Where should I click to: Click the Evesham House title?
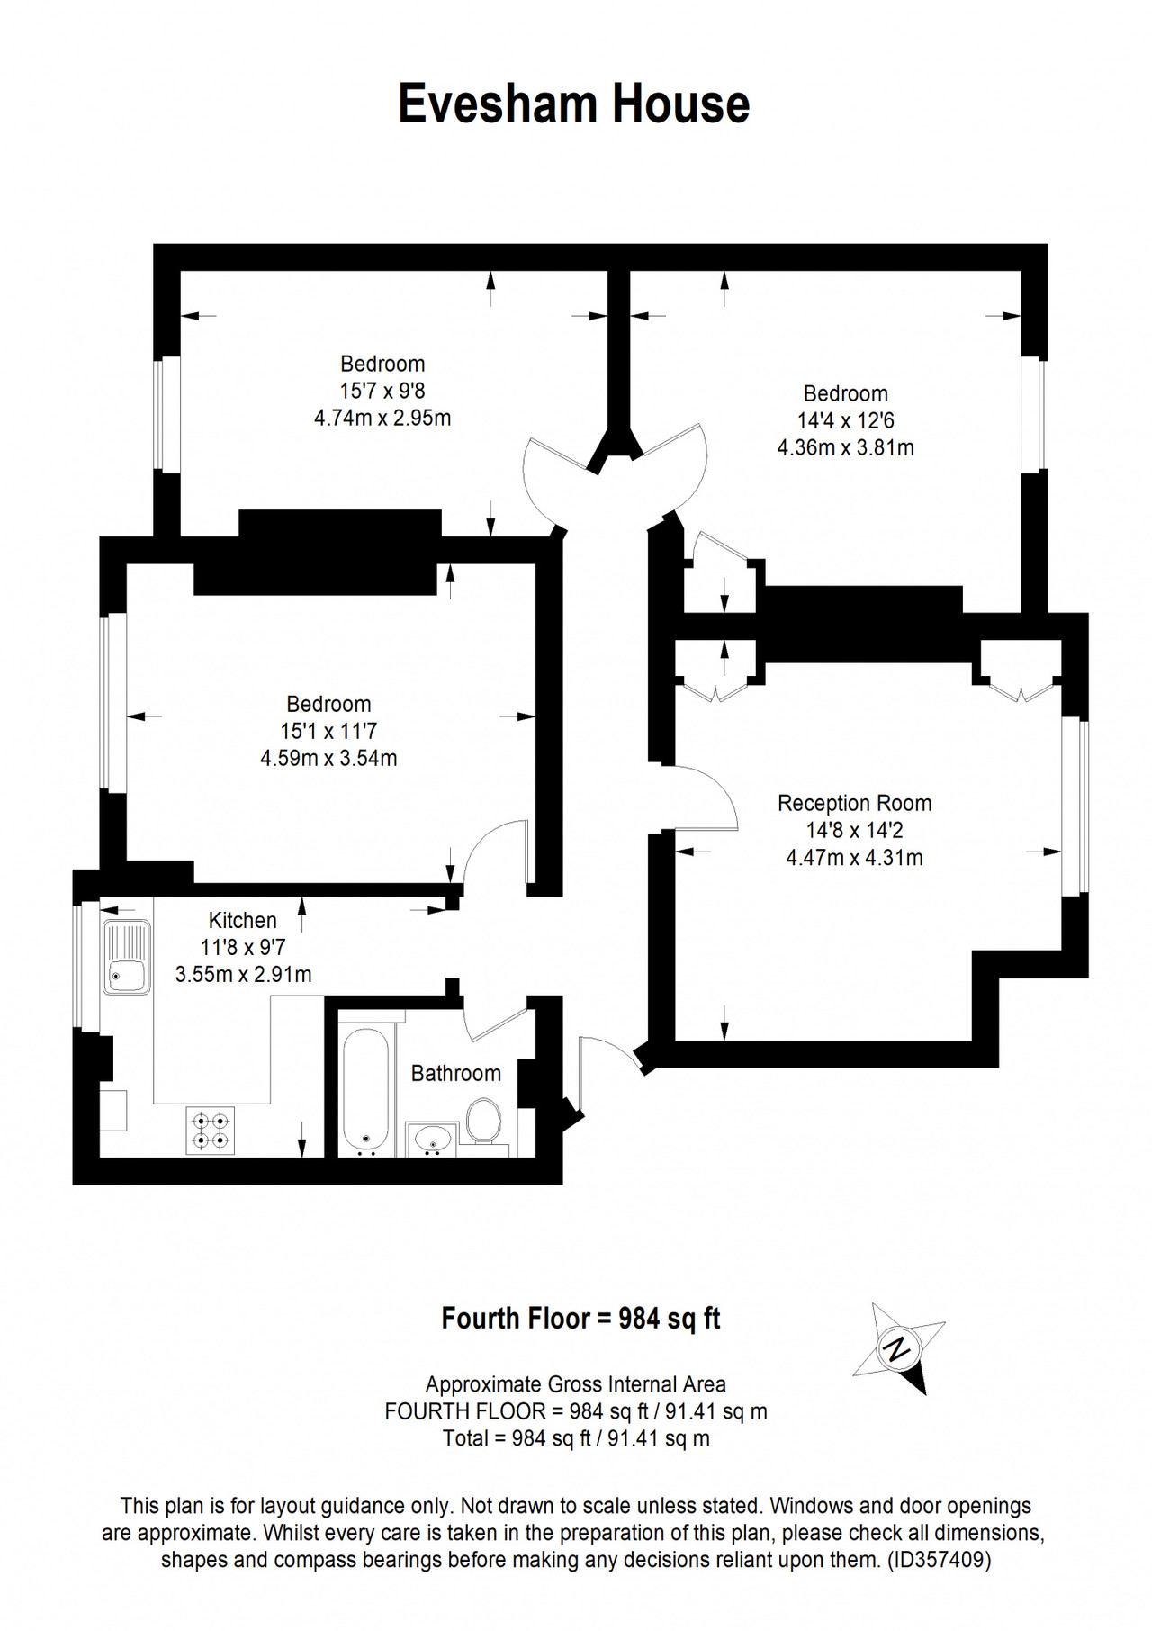(574, 104)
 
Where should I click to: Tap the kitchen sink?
(126, 957)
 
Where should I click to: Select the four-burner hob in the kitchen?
(211, 1131)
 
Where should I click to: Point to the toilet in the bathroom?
(484, 1121)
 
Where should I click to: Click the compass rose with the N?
(898, 1347)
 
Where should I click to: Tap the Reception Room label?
(854, 803)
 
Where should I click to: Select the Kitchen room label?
(243, 920)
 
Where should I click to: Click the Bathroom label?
(456, 1073)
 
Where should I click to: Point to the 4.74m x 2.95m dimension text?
(382, 418)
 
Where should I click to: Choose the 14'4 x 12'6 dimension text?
(846, 420)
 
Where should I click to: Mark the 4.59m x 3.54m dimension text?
(328, 758)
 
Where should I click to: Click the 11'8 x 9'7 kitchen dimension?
(243, 947)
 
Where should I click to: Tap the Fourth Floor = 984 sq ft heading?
(580, 1319)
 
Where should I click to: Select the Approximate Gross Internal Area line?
(576, 1384)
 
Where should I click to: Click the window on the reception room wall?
(1075, 807)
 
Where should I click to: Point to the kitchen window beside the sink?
(86, 966)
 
